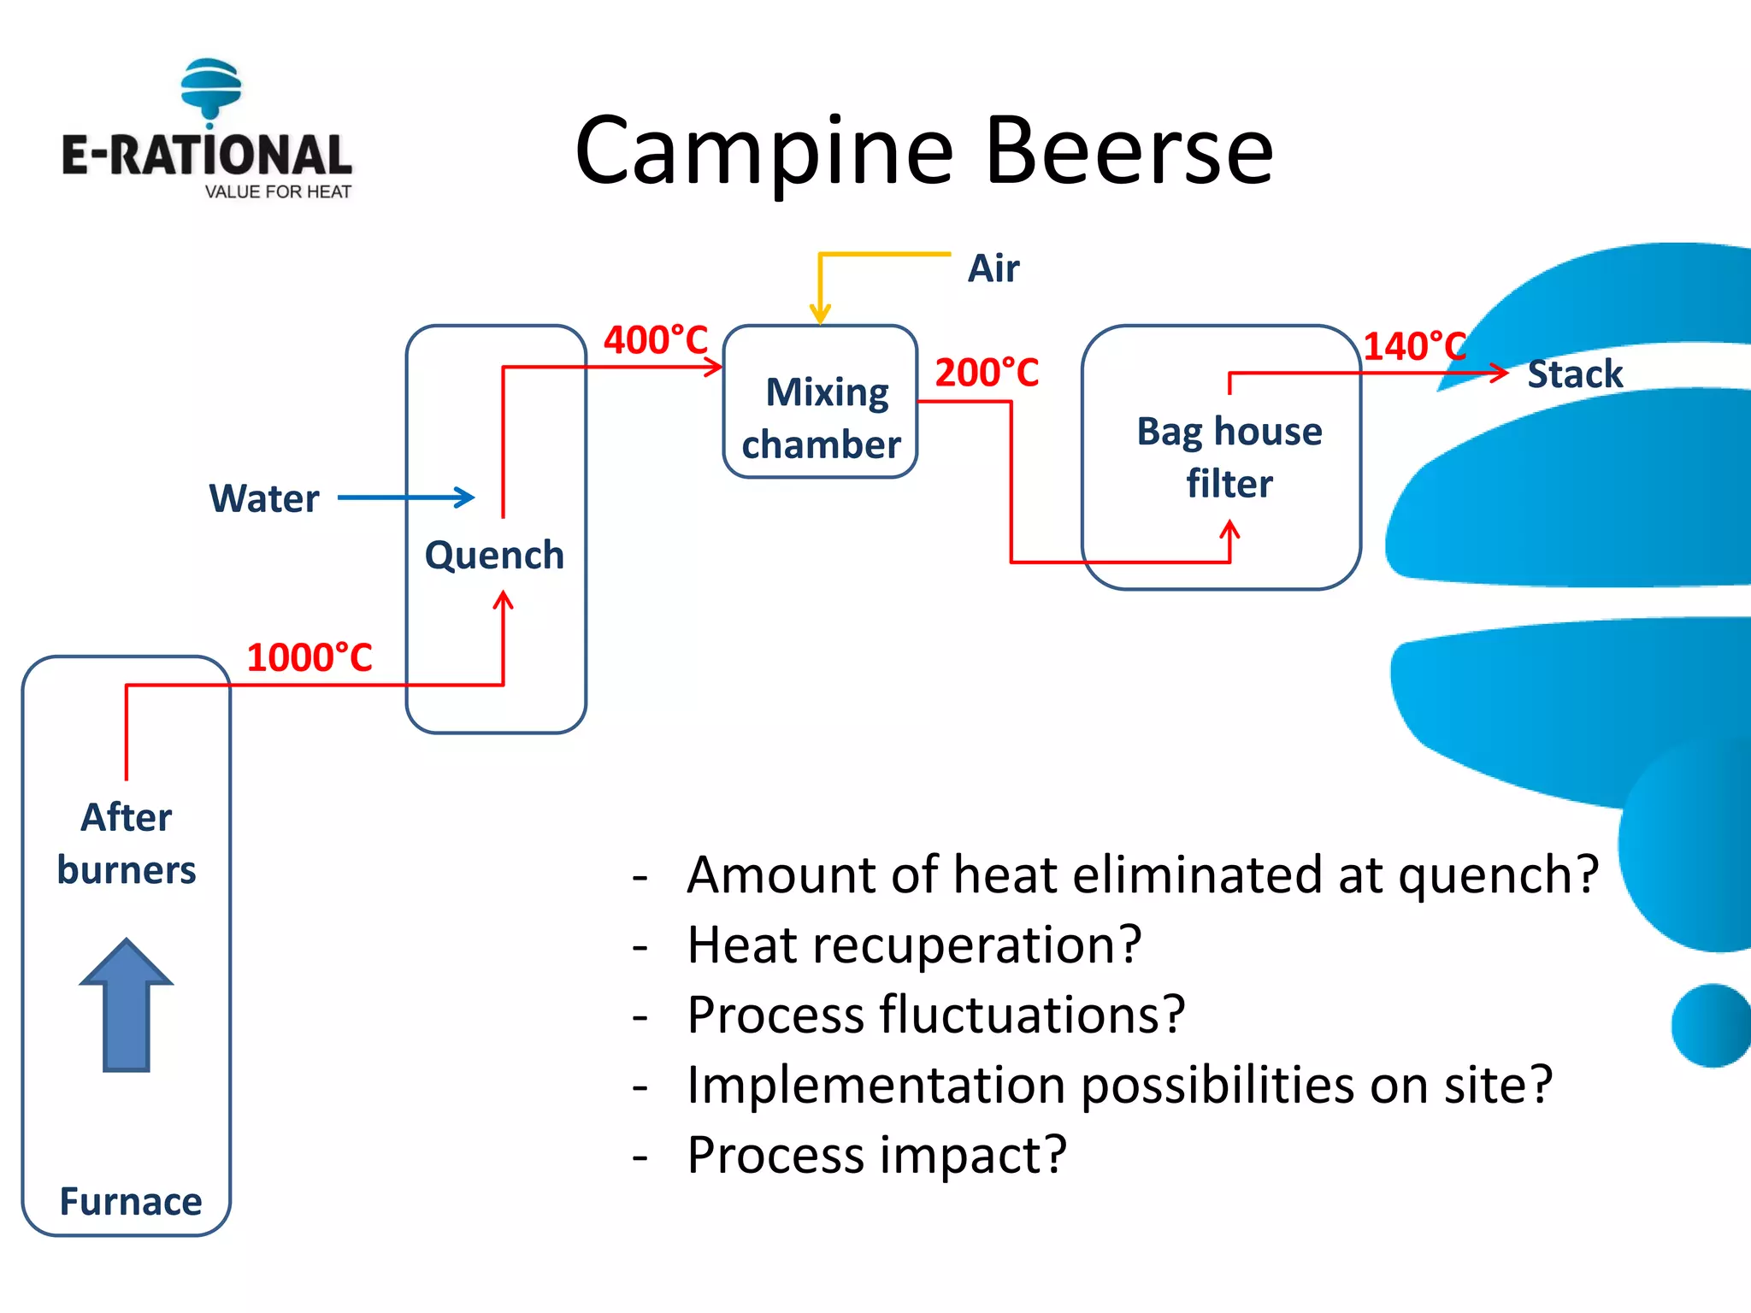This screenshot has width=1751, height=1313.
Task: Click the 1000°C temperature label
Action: tap(310, 658)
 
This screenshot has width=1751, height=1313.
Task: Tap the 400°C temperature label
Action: tap(656, 340)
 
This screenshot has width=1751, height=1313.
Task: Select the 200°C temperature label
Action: tap(987, 373)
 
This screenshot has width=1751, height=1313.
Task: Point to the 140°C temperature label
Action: tap(1414, 346)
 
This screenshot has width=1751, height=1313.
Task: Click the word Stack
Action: tap(1575, 374)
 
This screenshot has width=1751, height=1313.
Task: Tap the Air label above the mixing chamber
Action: tap(993, 268)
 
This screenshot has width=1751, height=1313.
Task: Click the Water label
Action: tap(264, 498)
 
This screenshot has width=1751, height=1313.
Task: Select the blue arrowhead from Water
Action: tap(466, 498)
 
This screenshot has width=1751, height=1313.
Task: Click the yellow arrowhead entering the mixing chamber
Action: tap(820, 314)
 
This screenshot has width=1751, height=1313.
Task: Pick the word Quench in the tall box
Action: tap(494, 556)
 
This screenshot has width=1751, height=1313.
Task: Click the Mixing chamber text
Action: tap(822, 419)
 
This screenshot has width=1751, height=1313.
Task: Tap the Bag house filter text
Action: tap(1229, 457)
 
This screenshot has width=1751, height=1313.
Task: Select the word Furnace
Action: tap(130, 1202)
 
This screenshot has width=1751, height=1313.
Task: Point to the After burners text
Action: tap(127, 844)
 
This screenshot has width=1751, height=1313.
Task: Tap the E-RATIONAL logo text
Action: tap(206, 156)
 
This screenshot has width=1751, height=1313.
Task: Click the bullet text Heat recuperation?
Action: tap(914, 945)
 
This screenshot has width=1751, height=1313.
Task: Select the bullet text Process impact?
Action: tap(876, 1155)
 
